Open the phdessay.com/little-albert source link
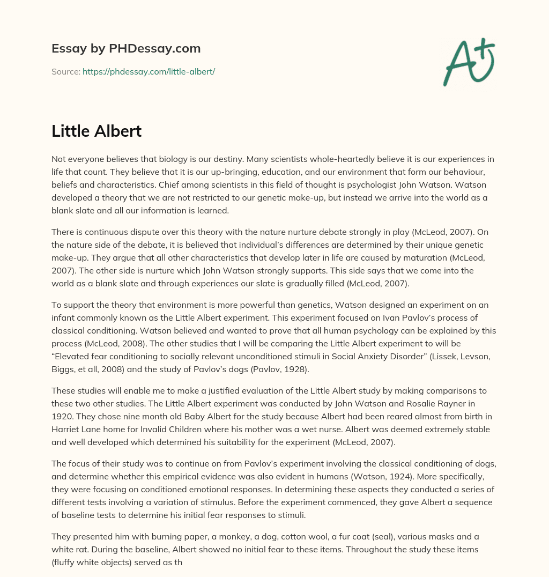[x=149, y=71]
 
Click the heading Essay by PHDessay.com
[x=126, y=49]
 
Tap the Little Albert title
[x=97, y=131]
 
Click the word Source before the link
[x=65, y=71]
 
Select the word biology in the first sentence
[x=160, y=159]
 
